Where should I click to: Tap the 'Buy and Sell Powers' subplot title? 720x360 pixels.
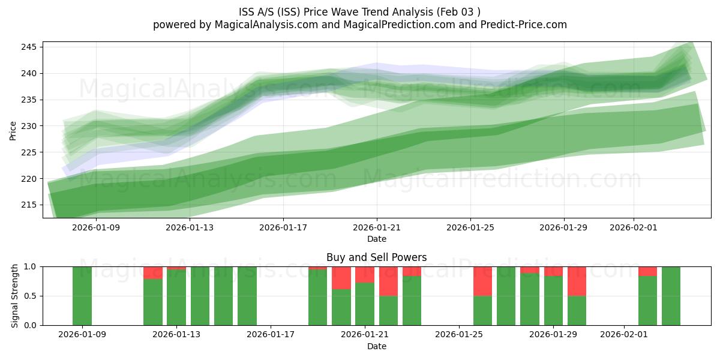(376, 257)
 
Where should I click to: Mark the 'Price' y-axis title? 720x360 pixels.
(13, 130)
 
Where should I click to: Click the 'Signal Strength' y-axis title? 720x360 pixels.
(15, 296)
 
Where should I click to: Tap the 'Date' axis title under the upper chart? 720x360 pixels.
(377, 239)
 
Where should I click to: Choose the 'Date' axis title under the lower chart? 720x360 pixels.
(376, 346)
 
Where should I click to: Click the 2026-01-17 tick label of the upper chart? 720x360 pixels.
(283, 227)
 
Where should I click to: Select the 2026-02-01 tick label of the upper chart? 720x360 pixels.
(634, 227)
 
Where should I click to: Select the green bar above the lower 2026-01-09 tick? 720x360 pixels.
(82, 296)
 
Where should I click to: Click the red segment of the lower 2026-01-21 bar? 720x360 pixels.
(365, 274)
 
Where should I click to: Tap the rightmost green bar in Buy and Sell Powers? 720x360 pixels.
(671, 296)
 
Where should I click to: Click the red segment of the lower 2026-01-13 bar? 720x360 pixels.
(176, 268)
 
